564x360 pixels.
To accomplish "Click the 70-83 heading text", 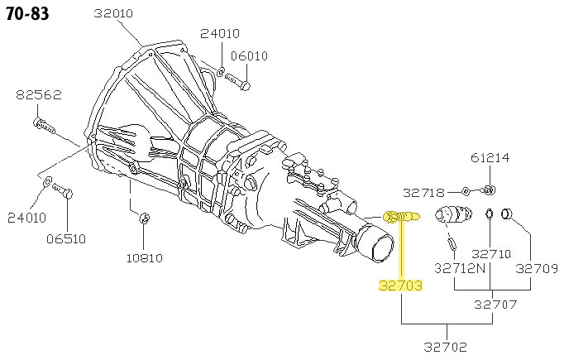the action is tap(27, 14).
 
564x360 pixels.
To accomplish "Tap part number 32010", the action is tap(113, 14).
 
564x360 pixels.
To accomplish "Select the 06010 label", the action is tap(249, 56).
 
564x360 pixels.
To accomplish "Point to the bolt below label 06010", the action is tap(238, 81).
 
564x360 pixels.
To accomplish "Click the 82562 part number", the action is tap(39, 95).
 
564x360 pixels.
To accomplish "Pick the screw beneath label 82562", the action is tap(44, 125).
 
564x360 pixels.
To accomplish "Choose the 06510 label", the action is tap(66, 239).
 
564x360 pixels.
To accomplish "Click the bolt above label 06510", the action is tap(63, 191).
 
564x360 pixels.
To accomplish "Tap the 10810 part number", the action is tap(145, 258).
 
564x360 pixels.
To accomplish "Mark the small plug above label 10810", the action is tap(144, 218).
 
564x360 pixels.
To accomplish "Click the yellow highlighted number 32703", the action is tap(401, 286).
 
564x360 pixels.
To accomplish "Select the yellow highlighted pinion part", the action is tap(401, 216).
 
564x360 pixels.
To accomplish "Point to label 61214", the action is tap(490, 158).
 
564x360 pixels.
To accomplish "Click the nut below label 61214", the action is tap(489, 189).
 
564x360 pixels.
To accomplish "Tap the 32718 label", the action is tap(423, 193).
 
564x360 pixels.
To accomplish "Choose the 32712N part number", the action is tap(460, 268).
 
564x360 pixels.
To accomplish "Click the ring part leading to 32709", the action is tap(506, 214).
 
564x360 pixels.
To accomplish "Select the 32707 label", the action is tap(495, 305).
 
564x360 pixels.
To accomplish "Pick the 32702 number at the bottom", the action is tap(445, 347).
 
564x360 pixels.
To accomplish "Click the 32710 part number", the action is tap(491, 254).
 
